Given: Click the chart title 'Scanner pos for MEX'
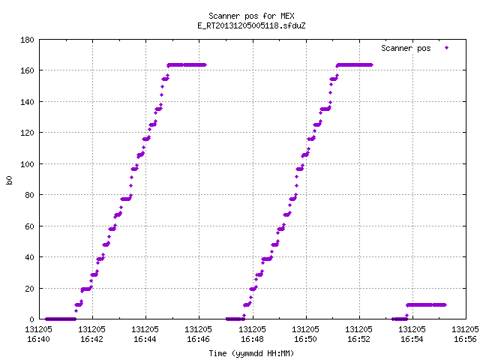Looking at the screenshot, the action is [251, 16].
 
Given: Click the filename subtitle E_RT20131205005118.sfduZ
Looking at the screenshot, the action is [251, 25].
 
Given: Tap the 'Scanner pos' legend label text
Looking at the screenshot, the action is [406, 48].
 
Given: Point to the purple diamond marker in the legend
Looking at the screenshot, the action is [447, 47].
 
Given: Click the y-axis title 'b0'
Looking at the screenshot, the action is [9, 180].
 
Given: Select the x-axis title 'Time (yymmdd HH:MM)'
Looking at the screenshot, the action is [251, 353].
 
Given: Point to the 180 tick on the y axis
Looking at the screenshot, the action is [27, 40].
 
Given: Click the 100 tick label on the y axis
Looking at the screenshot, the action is [27, 164].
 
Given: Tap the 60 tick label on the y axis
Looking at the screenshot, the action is [29, 226].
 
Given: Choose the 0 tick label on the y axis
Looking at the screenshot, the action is [31, 319].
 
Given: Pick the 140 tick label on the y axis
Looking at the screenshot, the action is [27, 102].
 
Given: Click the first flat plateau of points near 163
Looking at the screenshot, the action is [187, 65].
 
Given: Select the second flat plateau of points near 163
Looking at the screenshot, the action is [355, 65].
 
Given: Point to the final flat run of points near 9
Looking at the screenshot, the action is [426, 305].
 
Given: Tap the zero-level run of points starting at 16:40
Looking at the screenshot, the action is [61, 319].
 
